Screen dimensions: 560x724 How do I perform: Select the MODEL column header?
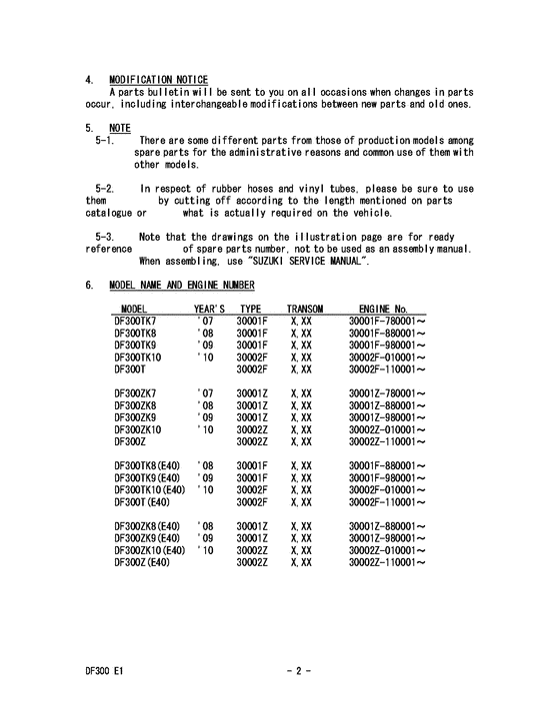[135, 310]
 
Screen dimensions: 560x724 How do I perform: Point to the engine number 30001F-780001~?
[388, 321]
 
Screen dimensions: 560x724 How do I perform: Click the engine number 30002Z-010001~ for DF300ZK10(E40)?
[388, 552]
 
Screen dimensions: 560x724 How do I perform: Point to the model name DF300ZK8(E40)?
[149, 526]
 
